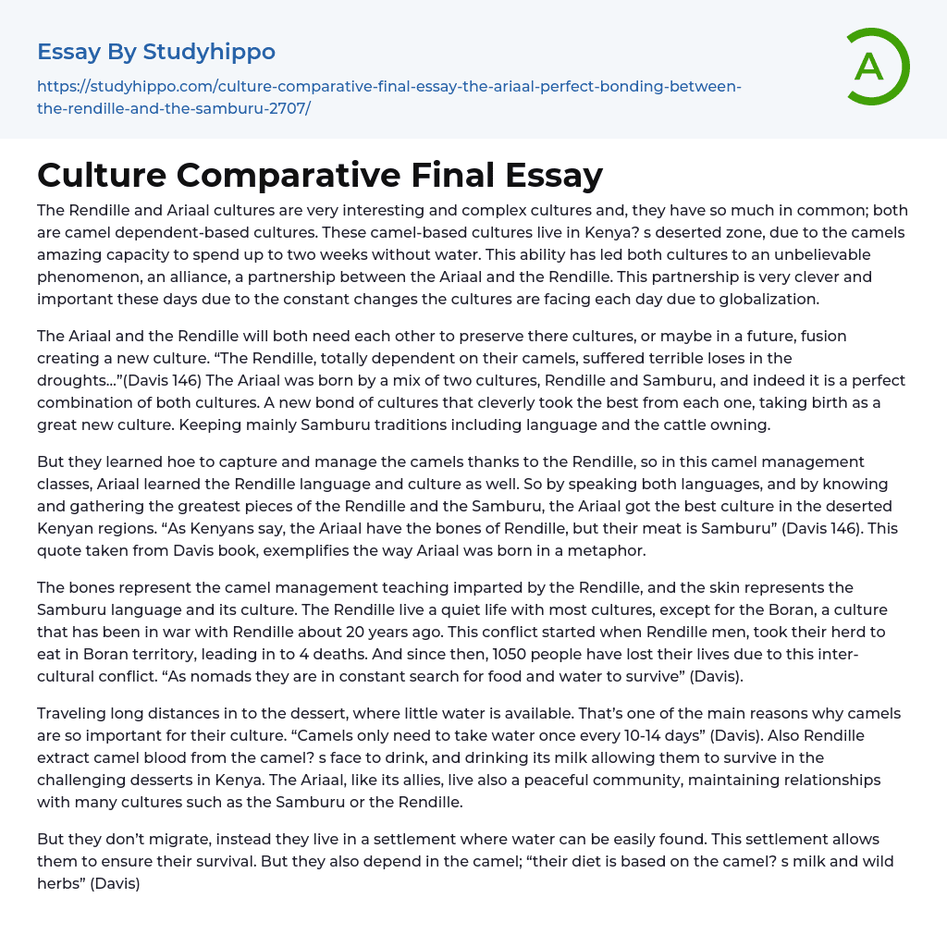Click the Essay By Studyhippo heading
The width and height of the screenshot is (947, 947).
point(156,52)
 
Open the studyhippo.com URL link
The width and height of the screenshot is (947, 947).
point(388,97)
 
